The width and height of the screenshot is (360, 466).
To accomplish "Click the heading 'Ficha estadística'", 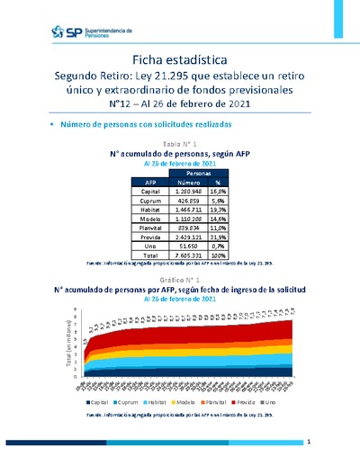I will [179, 58].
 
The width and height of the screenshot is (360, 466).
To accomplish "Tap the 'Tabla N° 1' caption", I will [179, 144].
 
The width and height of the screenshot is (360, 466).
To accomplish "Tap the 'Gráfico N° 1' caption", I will [179, 281].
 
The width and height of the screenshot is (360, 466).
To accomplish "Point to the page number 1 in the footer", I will [308, 443].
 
